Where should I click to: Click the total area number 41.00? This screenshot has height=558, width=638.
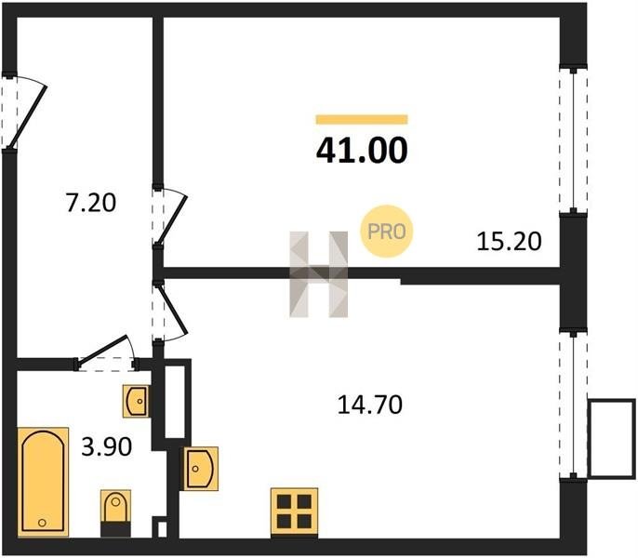362,150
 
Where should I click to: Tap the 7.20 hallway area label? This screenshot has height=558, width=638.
91,203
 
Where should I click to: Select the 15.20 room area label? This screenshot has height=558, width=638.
509,241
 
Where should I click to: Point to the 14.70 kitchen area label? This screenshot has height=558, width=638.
370,405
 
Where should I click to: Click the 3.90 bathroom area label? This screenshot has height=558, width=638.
107,446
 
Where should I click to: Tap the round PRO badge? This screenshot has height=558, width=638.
387,232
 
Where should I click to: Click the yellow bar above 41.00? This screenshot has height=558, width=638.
362,119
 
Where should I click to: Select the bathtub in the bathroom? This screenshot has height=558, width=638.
43,482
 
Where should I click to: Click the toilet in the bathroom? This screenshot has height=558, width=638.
115,513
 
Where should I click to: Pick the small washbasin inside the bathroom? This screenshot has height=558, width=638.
136,401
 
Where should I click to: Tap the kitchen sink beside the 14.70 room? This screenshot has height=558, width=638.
201,469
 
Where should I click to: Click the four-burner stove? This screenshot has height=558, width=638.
294,512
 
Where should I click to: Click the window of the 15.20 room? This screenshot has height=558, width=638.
573,140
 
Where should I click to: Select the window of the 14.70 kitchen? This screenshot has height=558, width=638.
573,405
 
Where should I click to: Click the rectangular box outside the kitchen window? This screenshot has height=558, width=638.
612,438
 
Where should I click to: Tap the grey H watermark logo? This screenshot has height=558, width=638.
319,274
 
